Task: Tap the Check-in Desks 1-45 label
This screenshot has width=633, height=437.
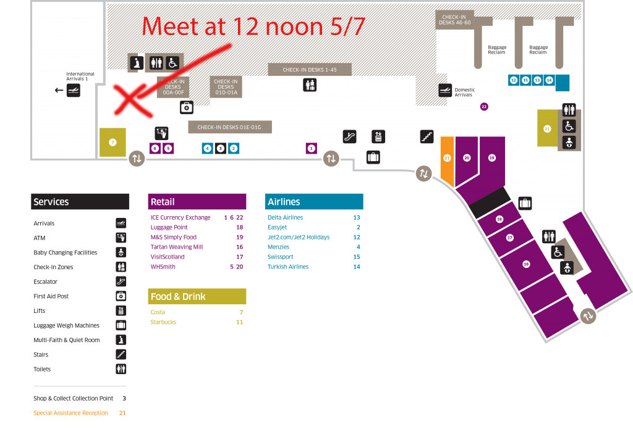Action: [x=310, y=70]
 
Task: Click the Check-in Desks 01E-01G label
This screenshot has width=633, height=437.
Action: [x=230, y=127]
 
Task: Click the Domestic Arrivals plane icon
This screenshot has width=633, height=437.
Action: [x=445, y=91]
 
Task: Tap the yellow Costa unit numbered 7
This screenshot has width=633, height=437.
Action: [x=113, y=142]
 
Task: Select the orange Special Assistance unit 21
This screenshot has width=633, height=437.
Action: [x=447, y=159]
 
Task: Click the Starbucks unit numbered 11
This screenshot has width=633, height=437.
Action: [x=547, y=128]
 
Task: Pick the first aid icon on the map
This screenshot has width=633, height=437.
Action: [x=186, y=107]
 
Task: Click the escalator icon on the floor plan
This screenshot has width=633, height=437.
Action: [x=350, y=136]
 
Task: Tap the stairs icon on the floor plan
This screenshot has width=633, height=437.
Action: [x=427, y=136]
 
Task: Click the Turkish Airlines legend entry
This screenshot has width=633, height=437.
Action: [x=288, y=267]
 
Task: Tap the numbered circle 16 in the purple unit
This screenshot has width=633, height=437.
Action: [x=526, y=264]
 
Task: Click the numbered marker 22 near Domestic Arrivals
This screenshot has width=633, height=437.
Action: [x=484, y=107]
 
